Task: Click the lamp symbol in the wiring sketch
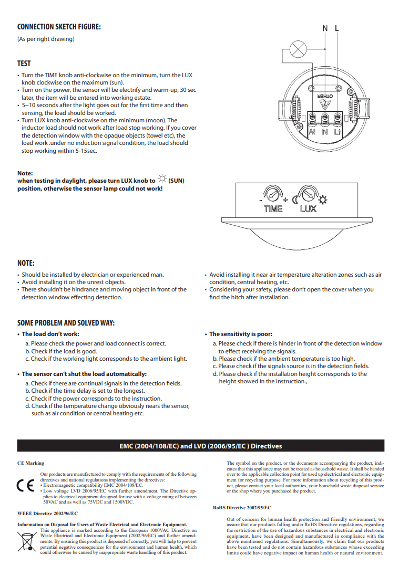(x=299, y=51)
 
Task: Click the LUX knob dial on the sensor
(x=308, y=195)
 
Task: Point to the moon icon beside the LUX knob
(x=295, y=200)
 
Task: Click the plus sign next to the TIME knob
(x=285, y=200)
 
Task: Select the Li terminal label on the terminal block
(x=337, y=132)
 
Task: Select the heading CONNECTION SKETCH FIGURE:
(x=59, y=27)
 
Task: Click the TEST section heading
(x=24, y=64)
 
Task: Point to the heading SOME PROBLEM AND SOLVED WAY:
(x=66, y=323)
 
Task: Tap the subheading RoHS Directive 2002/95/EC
(x=242, y=508)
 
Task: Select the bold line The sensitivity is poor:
(x=240, y=334)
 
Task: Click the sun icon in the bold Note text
(x=160, y=180)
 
